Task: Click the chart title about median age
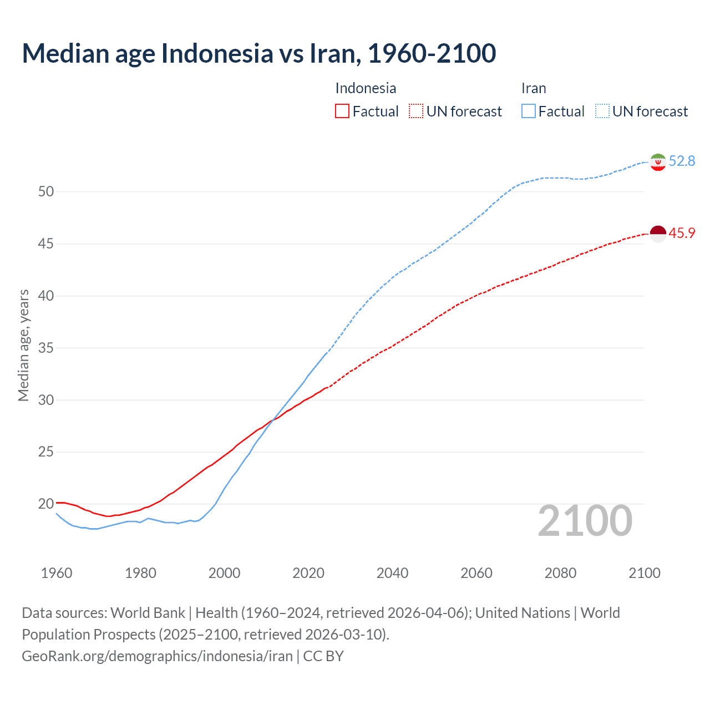(x=258, y=53)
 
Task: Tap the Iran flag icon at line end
(x=658, y=162)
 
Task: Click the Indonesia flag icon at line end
(x=658, y=234)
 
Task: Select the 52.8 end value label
(x=682, y=161)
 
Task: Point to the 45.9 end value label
(x=682, y=234)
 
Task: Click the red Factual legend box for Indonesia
(x=342, y=111)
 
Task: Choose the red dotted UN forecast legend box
(x=416, y=111)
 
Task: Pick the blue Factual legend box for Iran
(x=529, y=111)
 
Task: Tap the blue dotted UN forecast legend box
(x=602, y=111)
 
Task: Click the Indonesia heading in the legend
(x=366, y=88)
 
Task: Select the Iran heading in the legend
(x=534, y=88)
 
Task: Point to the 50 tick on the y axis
(x=46, y=192)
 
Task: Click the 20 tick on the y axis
(x=46, y=504)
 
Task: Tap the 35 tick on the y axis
(x=46, y=348)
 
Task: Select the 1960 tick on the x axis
(x=57, y=573)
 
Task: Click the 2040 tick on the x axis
(x=392, y=573)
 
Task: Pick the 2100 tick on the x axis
(x=645, y=573)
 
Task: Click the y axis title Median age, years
(x=23, y=345)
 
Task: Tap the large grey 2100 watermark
(x=585, y=521)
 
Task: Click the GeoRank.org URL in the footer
(x=157, y=656)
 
